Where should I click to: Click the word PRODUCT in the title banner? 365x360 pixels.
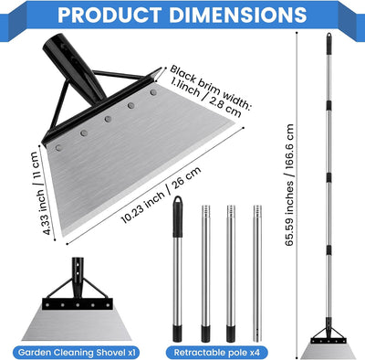click(109, 15)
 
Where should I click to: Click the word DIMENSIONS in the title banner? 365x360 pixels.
click(238, 15)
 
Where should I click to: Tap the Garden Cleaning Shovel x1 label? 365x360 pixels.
click(77, 353)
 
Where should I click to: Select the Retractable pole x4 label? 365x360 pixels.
click(217, 353)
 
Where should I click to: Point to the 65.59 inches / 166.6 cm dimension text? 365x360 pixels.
click(289, 185)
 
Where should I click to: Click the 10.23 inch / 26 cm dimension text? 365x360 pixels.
click(161, 195)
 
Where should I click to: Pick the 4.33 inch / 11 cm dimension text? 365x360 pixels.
click(41, 193)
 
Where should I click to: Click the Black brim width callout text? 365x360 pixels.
click(210, 90)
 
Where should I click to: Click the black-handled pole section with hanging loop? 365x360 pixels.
click(178, 269)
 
